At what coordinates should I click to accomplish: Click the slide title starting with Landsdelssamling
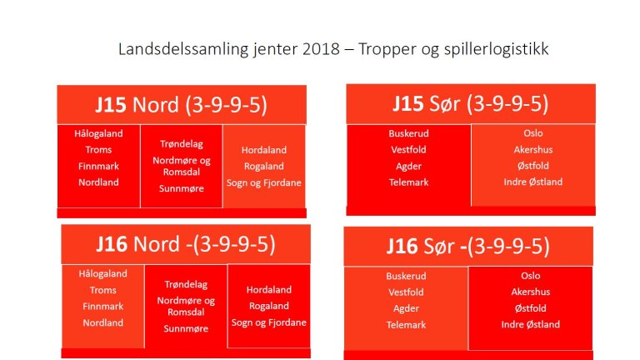[x=333, y=49]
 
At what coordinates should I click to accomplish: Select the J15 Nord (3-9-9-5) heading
[x=181, y=106]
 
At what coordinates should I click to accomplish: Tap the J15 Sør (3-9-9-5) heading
[x=470, y=104]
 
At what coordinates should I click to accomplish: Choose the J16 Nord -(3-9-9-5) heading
[x=185, y=244]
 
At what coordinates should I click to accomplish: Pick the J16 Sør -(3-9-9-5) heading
[x=467, y=246]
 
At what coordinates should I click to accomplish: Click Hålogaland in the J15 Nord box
[x=98, y=134]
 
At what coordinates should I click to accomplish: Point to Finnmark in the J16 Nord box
[x=102, y=306]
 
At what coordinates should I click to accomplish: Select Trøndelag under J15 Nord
[x=182, y=143]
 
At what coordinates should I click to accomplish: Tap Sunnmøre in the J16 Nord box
[x=186, y=328]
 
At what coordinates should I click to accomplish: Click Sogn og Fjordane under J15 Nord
[x=264, y=182]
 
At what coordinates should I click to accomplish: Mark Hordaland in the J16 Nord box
[x=269, y=290]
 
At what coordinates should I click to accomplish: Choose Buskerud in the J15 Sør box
[x=408, y=133]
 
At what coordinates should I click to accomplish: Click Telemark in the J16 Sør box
[x=406, y=324]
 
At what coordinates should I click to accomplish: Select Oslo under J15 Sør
[x=533, y=133]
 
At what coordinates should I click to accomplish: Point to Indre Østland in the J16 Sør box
[x=531, y=324]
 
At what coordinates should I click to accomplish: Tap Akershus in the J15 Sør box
[x=533, y=150]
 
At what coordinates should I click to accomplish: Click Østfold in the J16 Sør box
[x=531, y=307]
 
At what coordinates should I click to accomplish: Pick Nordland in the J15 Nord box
[x=98, y=182]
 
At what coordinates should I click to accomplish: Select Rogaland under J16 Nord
[x=269, y=306]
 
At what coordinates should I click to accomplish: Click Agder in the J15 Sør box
[x=408, y=166]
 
